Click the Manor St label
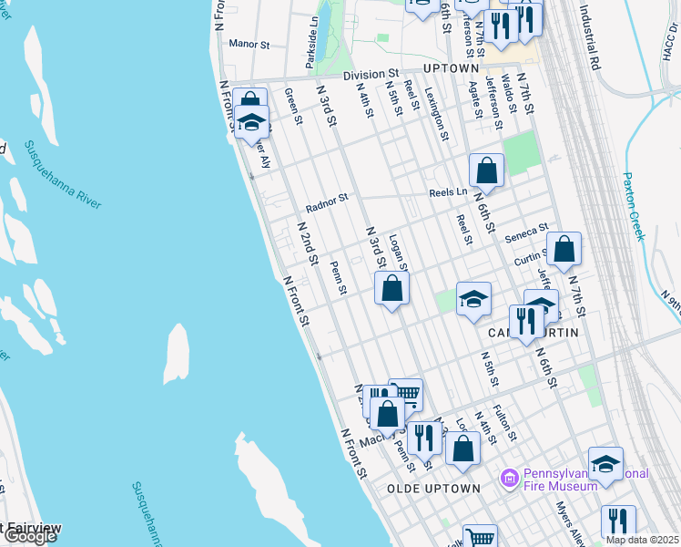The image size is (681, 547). [250, 43]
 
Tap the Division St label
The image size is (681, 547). [371, 74]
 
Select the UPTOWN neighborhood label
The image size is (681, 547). [452, 68]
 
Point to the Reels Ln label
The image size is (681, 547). [448, 192]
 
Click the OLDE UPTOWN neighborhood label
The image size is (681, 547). [433, 489]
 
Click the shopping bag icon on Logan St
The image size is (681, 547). [392, 289]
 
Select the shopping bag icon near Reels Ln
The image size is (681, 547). [487, 170]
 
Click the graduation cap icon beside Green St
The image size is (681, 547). [252, 122]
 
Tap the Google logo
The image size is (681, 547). [30, 537]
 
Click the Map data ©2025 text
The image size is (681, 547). [641, 540]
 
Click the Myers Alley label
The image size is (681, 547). [572, 524]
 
